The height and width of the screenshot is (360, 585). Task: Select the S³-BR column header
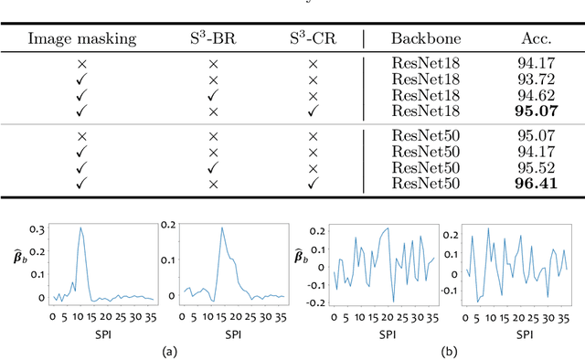click(x=211, y=39)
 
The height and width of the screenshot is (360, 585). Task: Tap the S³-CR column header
click(x=312, y=39)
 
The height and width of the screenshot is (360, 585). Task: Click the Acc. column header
click(x=537, y=39)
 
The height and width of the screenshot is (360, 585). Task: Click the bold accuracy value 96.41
click(x=537, y=184)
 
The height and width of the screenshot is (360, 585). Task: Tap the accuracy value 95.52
click(x=537, y=169)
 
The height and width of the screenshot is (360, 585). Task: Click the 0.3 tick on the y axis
click(x=38, y=229)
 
